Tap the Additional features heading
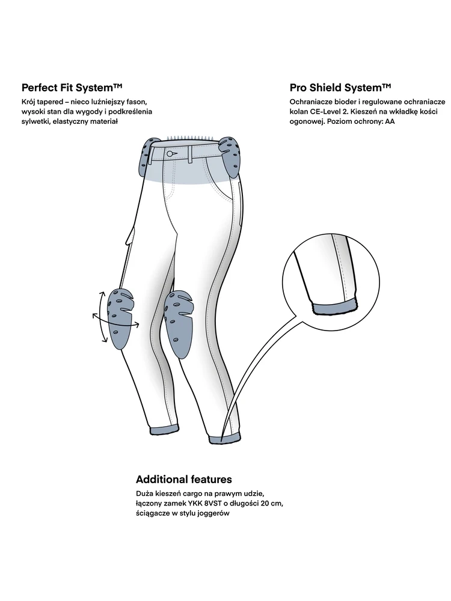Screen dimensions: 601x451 184,480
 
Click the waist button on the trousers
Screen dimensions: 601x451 171,154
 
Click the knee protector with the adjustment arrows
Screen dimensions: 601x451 119,317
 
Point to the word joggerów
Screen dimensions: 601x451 212,514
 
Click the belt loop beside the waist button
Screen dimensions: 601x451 189,154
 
